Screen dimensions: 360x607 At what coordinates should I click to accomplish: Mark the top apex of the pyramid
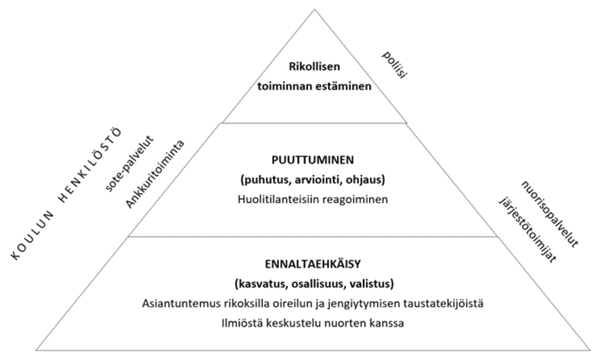pos(314,9)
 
